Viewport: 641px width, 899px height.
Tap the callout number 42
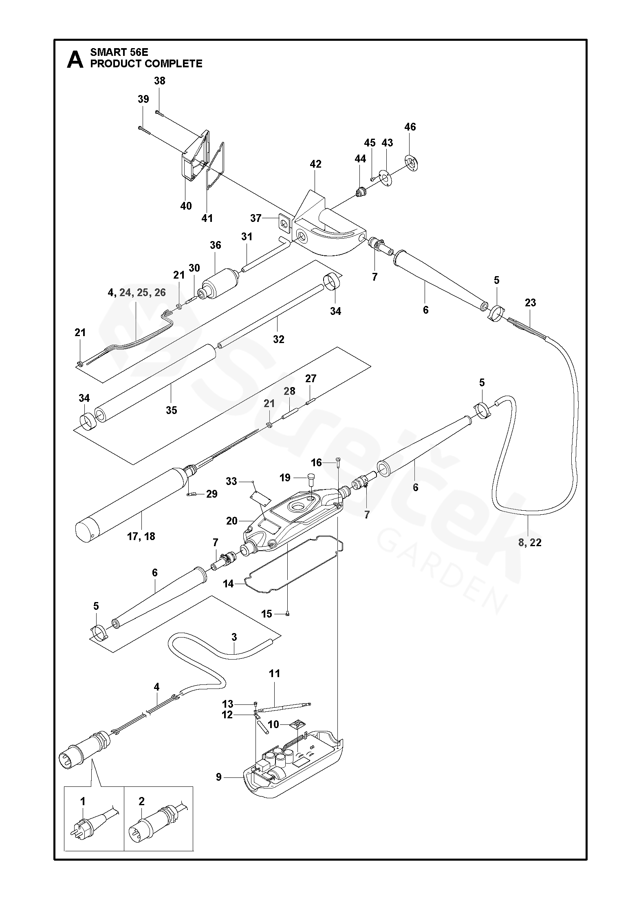(x=315, y=164)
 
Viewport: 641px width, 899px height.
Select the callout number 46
(x=410, y=127)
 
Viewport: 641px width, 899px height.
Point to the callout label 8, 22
(x=530, y=542)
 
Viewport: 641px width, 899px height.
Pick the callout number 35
(x=171, y=410)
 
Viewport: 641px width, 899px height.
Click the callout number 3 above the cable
(x=234, y=637)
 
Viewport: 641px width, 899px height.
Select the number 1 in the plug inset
(x=83, y=813)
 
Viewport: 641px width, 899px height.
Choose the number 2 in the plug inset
(x=141, y=813)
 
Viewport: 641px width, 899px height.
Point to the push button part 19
(x=312, y=476)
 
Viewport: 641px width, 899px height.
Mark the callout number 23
(x=530, y=303)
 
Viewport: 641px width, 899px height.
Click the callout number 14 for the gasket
(x=228, y=584)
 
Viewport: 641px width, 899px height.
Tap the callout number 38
(x=160, y=81)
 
